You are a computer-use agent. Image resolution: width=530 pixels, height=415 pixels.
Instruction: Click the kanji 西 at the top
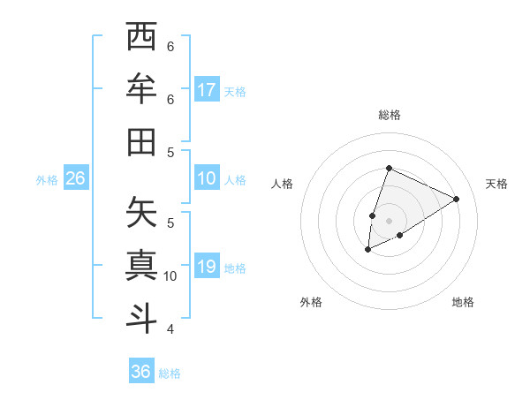141,38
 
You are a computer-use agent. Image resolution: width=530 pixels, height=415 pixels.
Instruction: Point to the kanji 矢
141,213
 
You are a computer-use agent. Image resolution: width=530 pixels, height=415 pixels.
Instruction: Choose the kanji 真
141,265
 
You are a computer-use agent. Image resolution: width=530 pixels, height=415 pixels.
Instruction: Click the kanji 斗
141,317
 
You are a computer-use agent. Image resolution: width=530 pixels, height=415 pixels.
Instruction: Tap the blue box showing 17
207,90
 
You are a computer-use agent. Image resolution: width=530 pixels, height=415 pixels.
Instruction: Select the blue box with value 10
207,178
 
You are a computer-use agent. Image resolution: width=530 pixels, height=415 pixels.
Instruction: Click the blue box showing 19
207,267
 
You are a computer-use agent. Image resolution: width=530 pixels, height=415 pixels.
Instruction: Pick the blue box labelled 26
75,178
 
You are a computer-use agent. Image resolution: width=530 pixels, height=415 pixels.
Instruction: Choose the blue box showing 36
141,372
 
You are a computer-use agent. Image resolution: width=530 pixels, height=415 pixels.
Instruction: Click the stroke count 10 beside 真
170,276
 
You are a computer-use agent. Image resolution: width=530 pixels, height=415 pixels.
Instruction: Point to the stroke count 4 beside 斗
170,328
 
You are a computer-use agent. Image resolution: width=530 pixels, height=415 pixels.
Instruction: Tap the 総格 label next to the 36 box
170,373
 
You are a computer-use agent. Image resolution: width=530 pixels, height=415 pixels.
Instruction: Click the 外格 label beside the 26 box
47,180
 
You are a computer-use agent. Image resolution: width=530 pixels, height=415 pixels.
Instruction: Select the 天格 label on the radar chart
496,184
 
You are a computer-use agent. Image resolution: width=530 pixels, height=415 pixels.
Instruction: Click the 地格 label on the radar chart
463,302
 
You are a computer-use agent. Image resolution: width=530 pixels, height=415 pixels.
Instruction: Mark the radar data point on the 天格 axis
457,199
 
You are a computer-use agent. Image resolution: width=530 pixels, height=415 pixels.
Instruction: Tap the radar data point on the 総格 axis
389,168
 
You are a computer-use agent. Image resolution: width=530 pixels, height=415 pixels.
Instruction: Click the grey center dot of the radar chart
389,220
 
